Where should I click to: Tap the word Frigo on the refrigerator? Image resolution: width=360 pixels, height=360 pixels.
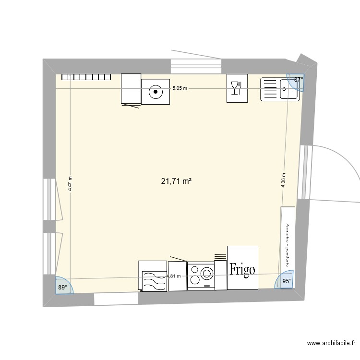pos(242,269)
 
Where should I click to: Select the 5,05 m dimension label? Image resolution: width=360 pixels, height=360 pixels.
pos(180,88)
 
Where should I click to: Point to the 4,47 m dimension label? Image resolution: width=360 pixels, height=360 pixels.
pos(70,183)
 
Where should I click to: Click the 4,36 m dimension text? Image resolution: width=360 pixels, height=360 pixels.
pos(283,181)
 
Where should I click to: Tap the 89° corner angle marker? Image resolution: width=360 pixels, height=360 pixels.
pos(62,287)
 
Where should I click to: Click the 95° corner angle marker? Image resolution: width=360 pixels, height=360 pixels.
pos(287,282)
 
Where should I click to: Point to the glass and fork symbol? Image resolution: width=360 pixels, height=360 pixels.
pos(237,88)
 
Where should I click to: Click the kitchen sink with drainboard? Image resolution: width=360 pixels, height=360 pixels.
pos(280,89)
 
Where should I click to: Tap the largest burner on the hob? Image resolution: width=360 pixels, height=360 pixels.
pos(207,274)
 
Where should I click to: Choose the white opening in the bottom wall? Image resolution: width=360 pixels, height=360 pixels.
pos(116,299)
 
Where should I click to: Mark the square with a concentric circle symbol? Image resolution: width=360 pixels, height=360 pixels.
pos(155,91)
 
